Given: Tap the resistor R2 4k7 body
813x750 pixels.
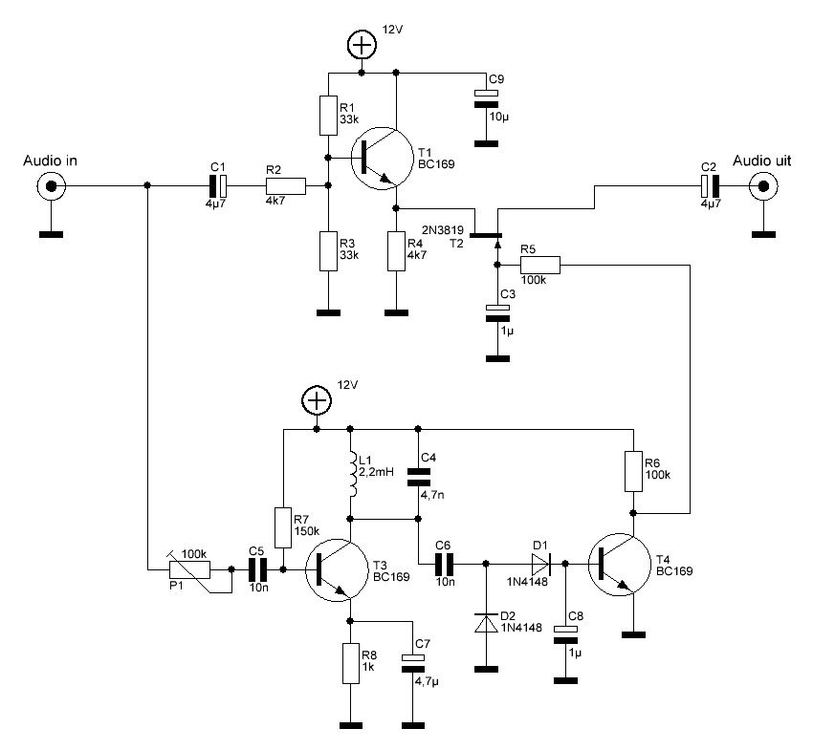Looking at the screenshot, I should coord(286,186).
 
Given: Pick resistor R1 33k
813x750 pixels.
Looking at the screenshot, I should coord(327,115).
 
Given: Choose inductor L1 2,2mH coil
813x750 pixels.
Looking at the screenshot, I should coord(352,474).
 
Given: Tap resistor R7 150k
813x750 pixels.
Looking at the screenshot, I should coord(283,527).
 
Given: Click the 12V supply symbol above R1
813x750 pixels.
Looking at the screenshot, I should coord(362,44).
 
